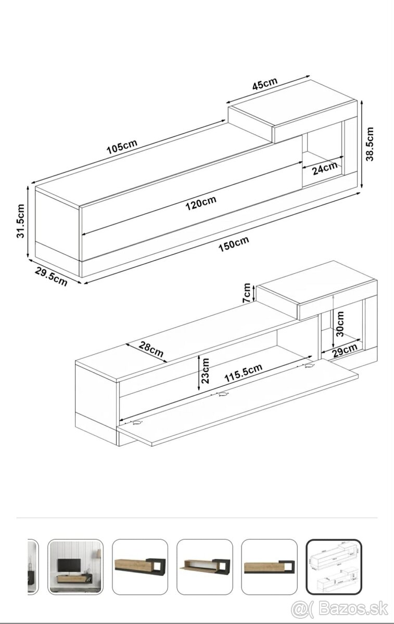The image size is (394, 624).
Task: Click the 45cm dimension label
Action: point(264,84)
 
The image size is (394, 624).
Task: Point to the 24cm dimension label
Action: point(324,168)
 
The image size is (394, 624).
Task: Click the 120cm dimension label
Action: point(201,202)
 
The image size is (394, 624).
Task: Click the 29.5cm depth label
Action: point(51,276)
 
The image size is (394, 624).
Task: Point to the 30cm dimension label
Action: point(340,323)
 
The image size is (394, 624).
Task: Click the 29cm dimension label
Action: point(345,351)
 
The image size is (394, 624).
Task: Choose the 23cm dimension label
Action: point(207,370)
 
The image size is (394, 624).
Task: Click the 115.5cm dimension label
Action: point(243,373)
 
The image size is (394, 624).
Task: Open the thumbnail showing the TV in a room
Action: point(75,566)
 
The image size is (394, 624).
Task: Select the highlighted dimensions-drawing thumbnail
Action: point(333,566)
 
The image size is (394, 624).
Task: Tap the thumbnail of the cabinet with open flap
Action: point(205,566)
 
